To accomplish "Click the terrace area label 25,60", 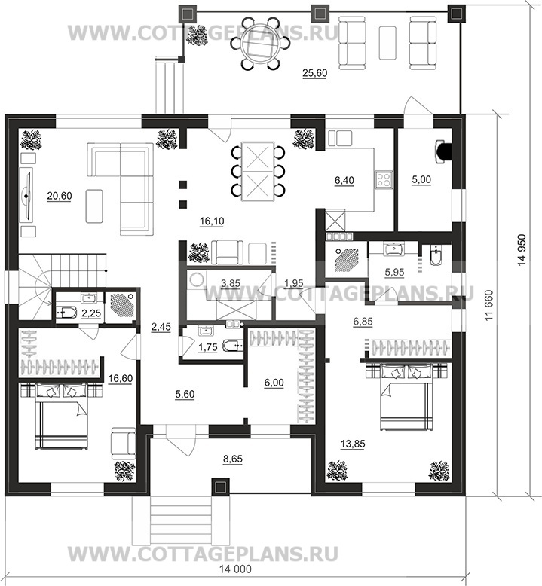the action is [314, 73].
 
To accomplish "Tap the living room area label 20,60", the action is [60, 195].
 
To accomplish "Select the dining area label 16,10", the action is [212, 221].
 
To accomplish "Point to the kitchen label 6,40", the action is [344, 180].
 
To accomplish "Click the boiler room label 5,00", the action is [421, 179].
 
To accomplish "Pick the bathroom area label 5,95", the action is [394, 272].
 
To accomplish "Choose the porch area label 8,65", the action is [233, 458].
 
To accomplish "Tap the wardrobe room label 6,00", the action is [274, 383].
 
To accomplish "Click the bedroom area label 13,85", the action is [353, 444].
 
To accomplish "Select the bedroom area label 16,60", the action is [121, 378].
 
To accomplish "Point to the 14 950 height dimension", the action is [522, 249].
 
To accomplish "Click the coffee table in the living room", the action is [94, 206].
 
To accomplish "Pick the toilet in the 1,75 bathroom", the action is [233, 345].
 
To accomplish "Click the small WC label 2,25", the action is [91, 313].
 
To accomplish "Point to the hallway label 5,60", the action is [185, 394].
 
